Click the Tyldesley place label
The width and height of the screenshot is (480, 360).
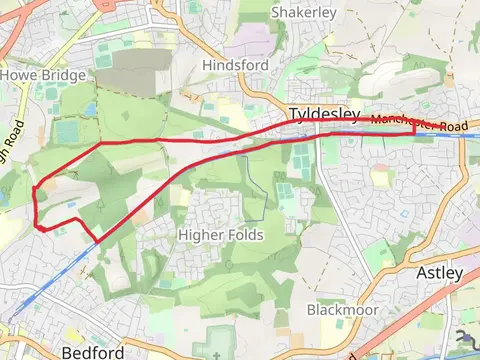[324, 114]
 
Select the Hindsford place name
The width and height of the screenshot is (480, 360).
[235, 64]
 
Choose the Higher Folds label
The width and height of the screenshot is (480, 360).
[220, 235]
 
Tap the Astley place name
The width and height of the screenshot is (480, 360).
[439, 272]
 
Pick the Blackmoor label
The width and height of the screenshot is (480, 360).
[342, 310]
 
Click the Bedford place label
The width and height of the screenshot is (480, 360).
[92, 352]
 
